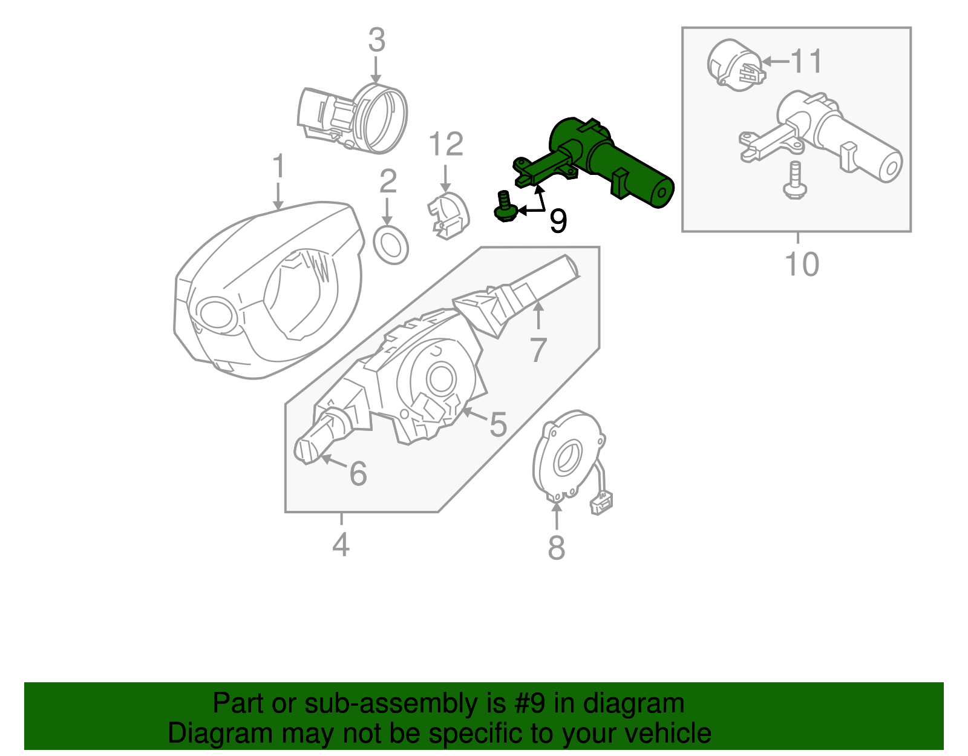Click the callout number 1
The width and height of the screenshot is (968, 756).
[278, 166]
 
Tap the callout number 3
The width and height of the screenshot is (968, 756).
[376, 41]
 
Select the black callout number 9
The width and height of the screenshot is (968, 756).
[558, 221]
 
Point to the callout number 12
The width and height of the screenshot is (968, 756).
[446, 145]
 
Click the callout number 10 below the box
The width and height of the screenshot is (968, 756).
[802, 264]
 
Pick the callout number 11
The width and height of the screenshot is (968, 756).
[807, 61]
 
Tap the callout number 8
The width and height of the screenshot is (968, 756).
[556, 548]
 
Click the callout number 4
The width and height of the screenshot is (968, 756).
[341, 545]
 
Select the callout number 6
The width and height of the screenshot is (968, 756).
[358, 473]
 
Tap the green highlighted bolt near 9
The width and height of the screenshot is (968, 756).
[504, 207]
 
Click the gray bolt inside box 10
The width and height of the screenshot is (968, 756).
[794, 180]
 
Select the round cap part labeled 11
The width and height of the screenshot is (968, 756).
[734, 65]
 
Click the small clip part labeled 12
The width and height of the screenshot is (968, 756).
[449, 216]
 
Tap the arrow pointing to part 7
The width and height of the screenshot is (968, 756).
[538, 315]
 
